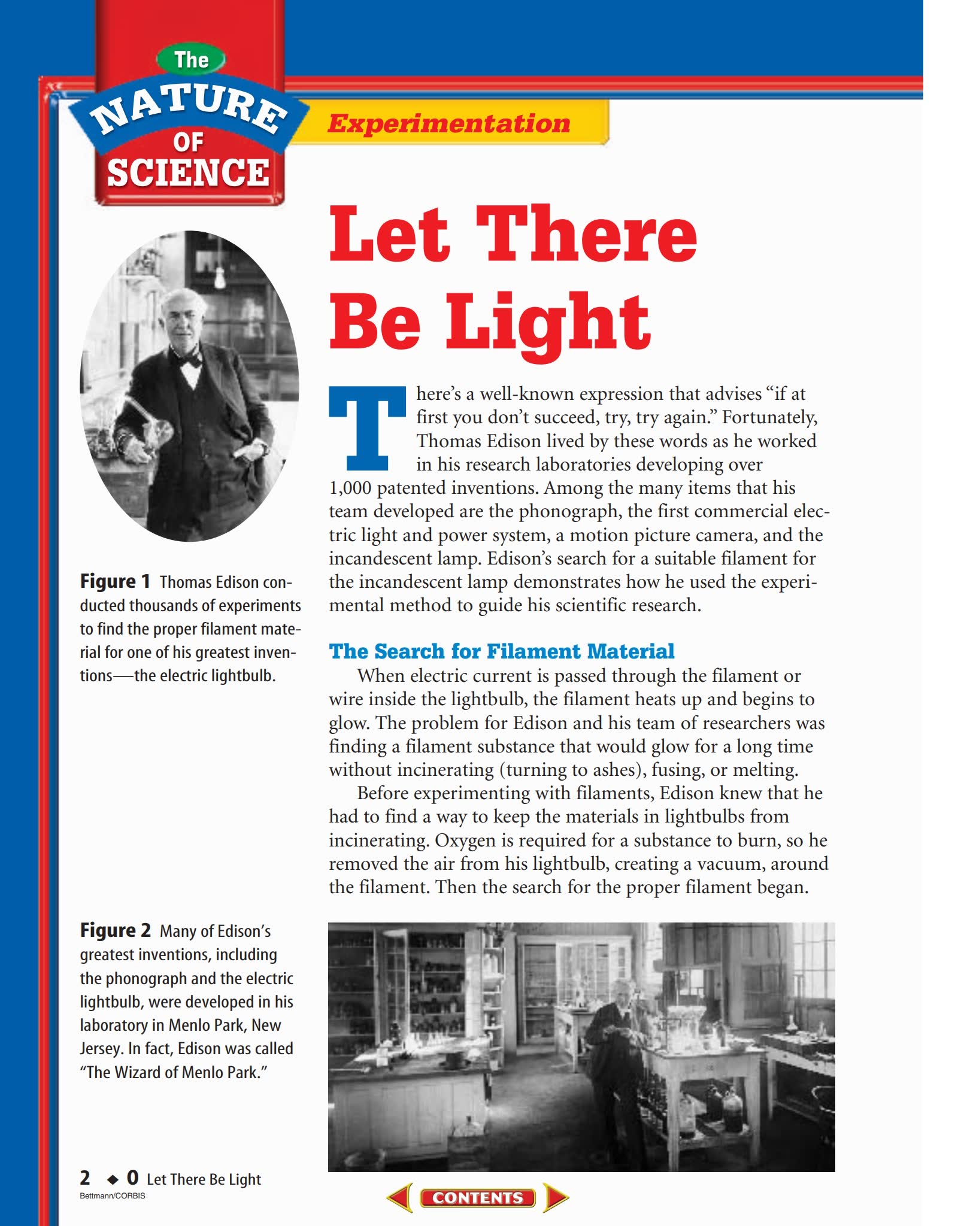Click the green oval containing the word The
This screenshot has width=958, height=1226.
pos(191,60)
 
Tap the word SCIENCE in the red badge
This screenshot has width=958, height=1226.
pos(188,172)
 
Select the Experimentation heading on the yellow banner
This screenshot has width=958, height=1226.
pos(448,123)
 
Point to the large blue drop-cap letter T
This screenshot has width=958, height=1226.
pos(367,428)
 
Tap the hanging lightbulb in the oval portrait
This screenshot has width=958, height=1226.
pos(220,277)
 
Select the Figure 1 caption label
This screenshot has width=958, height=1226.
pos(115,581)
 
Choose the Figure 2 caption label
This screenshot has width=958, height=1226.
pos(116,930)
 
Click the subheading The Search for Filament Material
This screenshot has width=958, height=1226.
pos(501,651)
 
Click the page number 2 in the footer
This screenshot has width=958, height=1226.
pos(85,1178)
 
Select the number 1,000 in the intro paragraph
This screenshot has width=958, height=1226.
pos(350,488)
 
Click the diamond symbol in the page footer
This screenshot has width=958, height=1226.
pos(112,1180)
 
